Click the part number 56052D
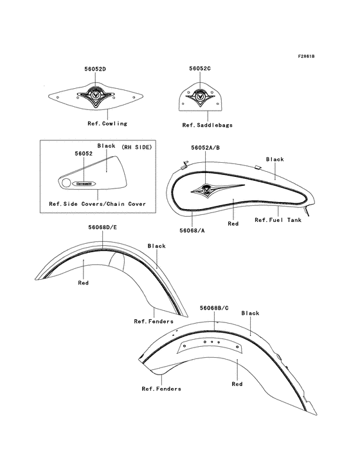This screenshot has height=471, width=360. (95, 69)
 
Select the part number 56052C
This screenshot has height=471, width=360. (200, 68)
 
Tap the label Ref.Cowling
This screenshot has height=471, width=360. (107, 124)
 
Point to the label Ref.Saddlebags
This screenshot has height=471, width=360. (207, 125)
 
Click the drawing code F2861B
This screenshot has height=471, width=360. (306, 56)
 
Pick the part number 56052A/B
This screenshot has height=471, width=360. (206, 148)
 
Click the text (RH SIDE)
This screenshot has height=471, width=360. (137, 147)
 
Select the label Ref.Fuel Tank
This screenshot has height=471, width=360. (278, 220)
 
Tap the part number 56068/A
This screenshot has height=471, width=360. (192, 230)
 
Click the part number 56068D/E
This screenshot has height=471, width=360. (103, 227)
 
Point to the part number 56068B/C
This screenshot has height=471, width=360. (214, 308)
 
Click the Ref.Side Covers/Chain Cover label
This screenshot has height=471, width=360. (98, 204)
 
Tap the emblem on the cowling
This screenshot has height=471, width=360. (96, 95)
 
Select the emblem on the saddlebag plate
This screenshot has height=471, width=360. (200, 96)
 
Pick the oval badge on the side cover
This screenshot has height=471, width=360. (84, 183)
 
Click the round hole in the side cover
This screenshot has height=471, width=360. (66, 183)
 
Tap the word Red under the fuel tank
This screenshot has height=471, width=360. (233, 224)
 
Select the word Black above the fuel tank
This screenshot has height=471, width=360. (275, 159)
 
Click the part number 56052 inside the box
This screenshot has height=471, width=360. (84, 154)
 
